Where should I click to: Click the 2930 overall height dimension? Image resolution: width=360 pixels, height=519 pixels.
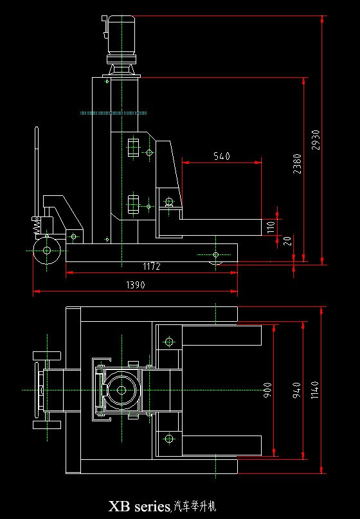316,140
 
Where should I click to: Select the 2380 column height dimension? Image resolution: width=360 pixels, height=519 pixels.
297,164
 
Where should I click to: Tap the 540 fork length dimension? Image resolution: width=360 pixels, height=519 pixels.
222,156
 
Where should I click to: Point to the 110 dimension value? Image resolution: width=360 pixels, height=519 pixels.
271,227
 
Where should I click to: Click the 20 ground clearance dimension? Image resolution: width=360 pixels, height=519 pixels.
288,241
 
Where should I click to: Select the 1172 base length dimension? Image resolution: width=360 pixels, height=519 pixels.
152,266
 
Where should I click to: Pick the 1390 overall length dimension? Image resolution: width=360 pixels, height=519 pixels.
136,285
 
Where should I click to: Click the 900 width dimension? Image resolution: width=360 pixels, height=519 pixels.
267,391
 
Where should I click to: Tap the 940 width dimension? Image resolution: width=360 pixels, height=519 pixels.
297,391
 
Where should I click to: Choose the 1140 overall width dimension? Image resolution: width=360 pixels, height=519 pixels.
314,390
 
